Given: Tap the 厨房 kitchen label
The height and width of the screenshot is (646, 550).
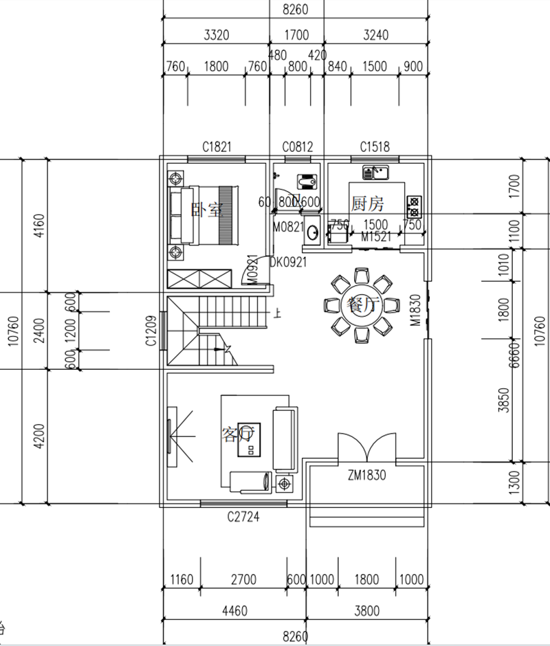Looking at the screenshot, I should pyautogui.click(x=367, y=203).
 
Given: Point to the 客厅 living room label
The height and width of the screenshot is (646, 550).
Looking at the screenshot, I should pyautogui.click(x=238, y=434).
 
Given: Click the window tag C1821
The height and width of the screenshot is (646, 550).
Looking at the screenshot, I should pyautogui.click(x=216, y=146).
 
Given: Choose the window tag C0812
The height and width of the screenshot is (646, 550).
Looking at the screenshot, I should pyautogui.click(x=298, y=146).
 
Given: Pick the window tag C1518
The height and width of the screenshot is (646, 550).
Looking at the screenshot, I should pyautogui.click(x=375, y=146).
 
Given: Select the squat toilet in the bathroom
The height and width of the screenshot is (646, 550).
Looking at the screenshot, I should pyautogui.click(x=305, y=181).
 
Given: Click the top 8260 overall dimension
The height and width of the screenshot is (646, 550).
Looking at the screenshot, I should pyautogui.click(x=296, y=10).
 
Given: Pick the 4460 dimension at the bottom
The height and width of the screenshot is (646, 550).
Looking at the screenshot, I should pyautogui.click(x=235, y=610).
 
